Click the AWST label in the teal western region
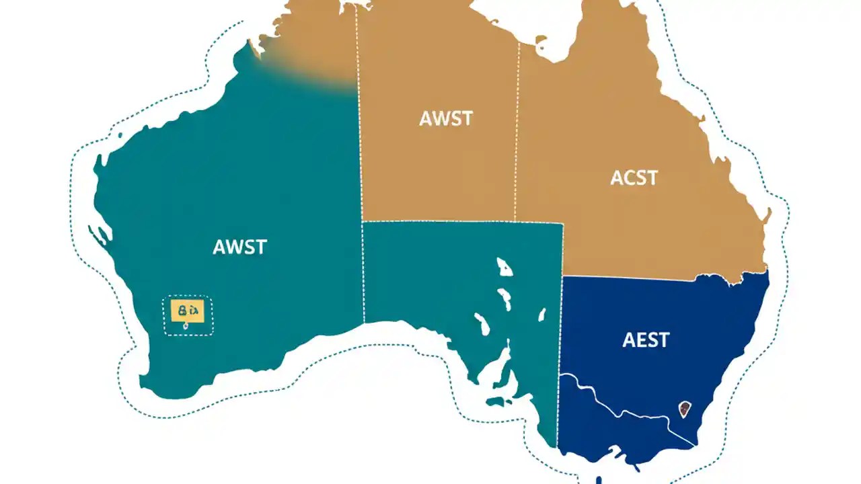(239, 247)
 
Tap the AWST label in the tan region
(446, 118)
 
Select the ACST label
(634, 177)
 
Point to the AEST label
(646, 339)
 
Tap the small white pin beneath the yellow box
(186, 326)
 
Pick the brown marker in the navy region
(685, 408)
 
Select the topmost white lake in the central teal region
(504, 266)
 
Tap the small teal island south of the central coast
(498, 401)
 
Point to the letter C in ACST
(628, 177)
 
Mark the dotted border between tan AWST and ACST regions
(517, 134)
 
